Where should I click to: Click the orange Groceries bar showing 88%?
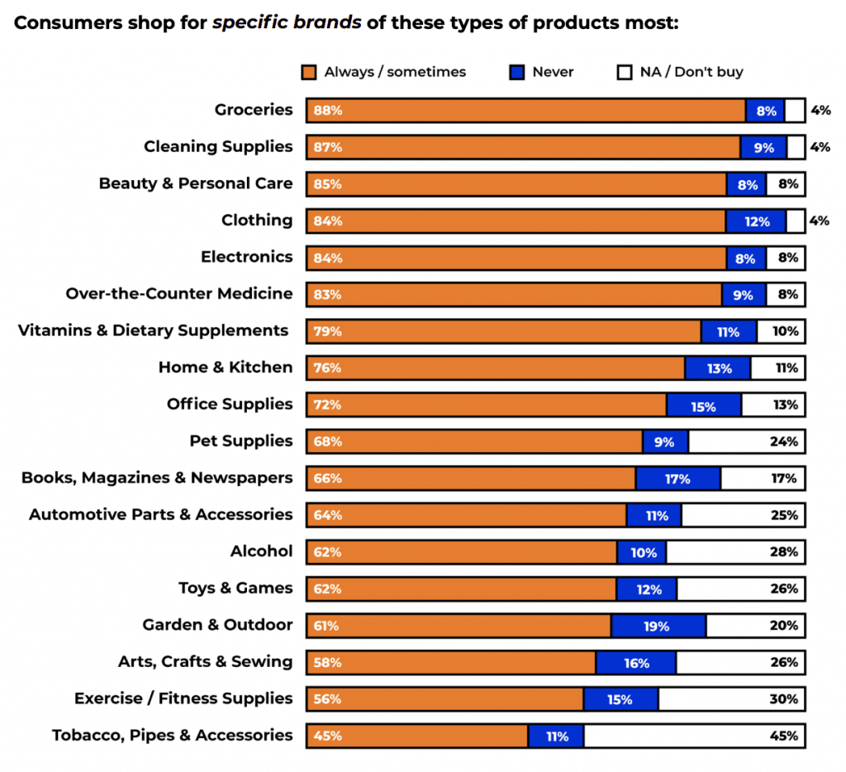[x=525, y=110]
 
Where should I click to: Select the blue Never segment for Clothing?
[x=756, y=221]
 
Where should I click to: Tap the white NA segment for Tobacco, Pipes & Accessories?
[x=694, y=736]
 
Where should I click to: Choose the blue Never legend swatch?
[x=517, y=73]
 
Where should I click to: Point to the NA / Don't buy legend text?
[x=692, y=73]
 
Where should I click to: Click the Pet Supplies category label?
[x=241, y=441]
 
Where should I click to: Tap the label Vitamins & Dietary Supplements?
[x=154, y=331]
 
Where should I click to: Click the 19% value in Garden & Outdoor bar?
[x=657, y=627]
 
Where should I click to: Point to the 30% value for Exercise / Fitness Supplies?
[x=783, y=699]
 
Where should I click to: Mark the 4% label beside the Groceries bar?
[x=820, y=110]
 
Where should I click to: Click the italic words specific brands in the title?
[x=287, y=22]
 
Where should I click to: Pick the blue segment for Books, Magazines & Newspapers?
[x=677, y=479]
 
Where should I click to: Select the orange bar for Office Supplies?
[x=486, y=405]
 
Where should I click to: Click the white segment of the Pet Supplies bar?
[x=746, y=441]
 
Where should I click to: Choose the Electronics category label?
[x=246, y=257]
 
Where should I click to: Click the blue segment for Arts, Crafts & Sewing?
[x=636, y=663]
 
